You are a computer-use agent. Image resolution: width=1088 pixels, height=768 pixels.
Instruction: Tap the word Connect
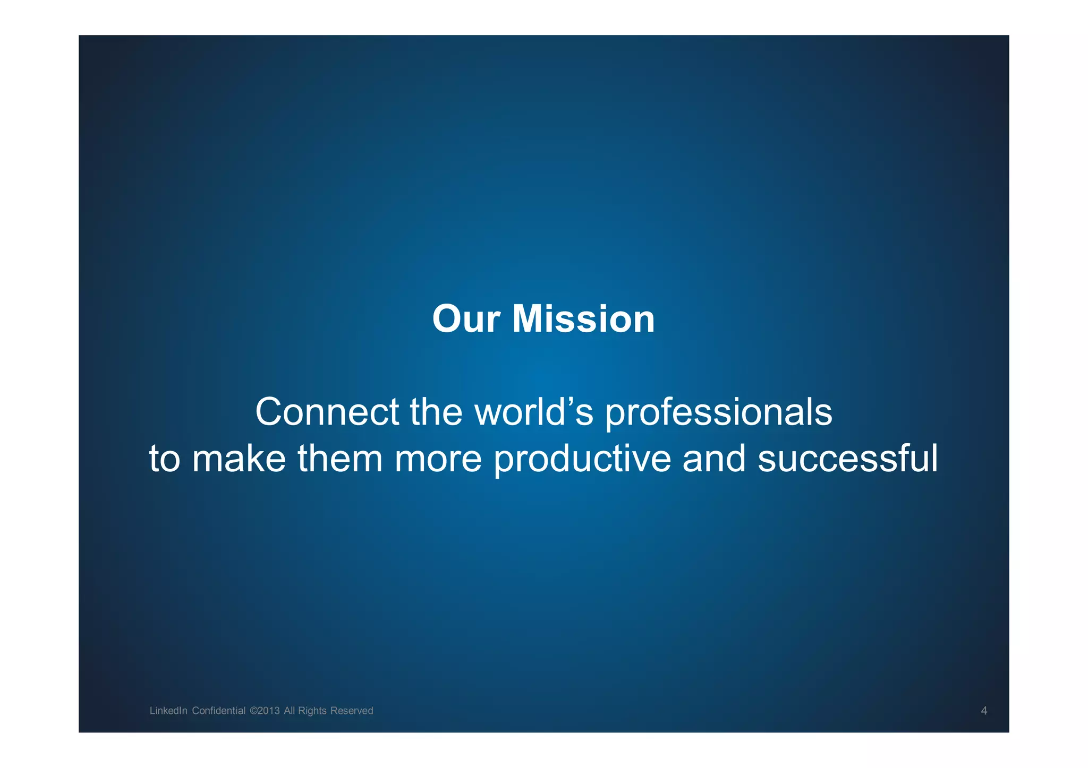(327, 412)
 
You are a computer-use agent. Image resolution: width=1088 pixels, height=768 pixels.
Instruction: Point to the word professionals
(718, 413)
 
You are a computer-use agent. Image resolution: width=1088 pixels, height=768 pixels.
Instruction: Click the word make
(239, 459)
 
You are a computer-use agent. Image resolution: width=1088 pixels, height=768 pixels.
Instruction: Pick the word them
(340, 459)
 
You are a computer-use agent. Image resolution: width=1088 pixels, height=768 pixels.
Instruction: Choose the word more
(438, 460)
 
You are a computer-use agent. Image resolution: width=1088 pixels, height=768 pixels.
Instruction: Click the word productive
(582, 460)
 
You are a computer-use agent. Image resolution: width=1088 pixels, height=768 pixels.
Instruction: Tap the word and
(714, 459)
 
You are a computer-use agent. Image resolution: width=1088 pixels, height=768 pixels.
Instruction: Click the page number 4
(984, 711)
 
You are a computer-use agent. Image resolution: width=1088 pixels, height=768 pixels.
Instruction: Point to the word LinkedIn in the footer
(168, 711)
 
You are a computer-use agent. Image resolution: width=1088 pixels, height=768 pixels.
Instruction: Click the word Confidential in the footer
(218, 711)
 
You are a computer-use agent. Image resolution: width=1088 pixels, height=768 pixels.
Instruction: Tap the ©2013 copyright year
(264, 711)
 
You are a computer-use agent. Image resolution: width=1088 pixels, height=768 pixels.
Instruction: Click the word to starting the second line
(164, 460)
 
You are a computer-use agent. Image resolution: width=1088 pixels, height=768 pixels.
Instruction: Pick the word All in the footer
(289, 711)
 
